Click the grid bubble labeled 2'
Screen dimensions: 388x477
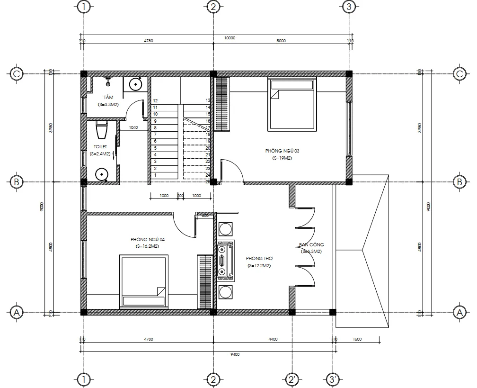tap(292, 379)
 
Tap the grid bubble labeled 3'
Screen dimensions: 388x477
tap(333, 379)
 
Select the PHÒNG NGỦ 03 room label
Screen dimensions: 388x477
tap(283, 151)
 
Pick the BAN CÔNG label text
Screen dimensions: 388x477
tap(311, 245)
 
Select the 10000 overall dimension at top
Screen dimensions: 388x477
tap(230, 38)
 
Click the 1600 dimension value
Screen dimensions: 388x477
tap(357, 339)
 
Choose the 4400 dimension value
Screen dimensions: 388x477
tap(273, 339)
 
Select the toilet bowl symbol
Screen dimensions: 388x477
tap(101, 130)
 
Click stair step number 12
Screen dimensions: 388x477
tap(155, 101)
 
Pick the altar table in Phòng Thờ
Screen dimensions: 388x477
tap(222, 259)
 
